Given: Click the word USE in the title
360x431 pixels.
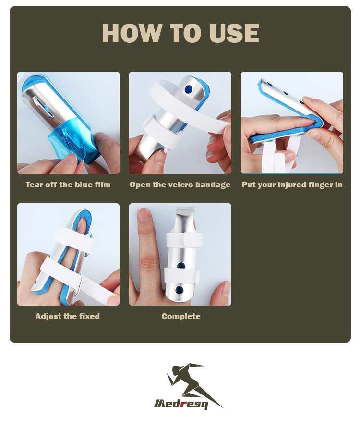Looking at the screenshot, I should coord(234,33).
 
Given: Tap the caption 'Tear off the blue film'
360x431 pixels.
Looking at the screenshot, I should coord(68,185).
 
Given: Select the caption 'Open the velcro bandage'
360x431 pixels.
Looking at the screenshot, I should coord(180,185).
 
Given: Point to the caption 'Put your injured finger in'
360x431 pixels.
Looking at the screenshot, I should coord(292,185).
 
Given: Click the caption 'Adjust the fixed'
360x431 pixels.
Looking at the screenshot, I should coord(68,316).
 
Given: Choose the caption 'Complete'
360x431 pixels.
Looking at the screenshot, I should coord(181,316).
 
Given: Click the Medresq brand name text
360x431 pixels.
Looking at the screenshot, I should coord(181,403).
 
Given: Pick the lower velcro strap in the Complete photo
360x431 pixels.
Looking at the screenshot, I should coord(182,276).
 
